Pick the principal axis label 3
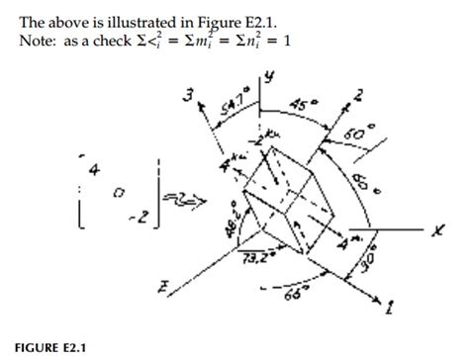tap(186, 94)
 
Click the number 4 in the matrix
tap(94, 171)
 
